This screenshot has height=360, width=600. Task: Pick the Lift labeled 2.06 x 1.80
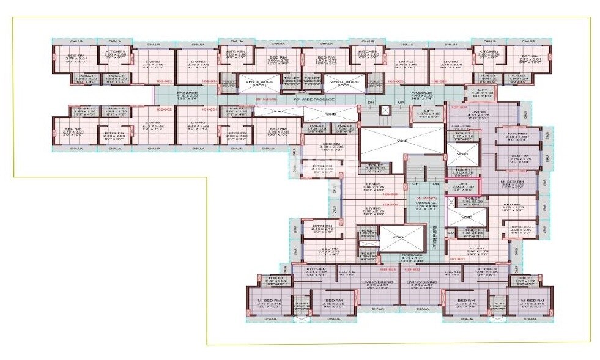[465, 185]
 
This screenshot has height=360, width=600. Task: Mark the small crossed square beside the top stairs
[385, 111]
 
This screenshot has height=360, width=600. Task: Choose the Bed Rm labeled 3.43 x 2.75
[329, 251]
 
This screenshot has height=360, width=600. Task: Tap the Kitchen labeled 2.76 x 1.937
[517, 135]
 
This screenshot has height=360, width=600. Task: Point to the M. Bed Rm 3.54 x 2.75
[512, 184]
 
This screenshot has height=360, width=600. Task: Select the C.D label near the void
[450, 232]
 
